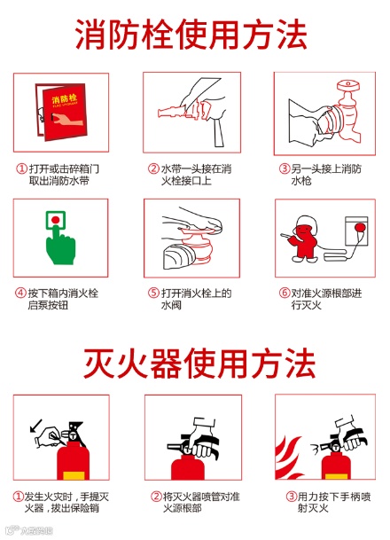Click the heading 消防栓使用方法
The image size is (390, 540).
tap(191, 34)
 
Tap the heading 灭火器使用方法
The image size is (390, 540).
tap(199, 363)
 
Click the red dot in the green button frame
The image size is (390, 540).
tap(55, 220)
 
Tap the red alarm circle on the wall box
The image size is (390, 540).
tap(361, 228)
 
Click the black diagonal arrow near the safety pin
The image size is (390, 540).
tap(35, 426)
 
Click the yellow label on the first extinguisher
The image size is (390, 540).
tap(74, 475)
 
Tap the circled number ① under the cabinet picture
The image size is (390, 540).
tap(21, 168)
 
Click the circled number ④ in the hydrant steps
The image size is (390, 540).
tap(20, 293)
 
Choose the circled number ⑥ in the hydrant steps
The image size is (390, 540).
tap(285, 293)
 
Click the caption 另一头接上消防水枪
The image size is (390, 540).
tap(321, 175)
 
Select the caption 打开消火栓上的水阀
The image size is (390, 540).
tap(190, 299)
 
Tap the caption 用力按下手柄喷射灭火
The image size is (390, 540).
tap(328, 502)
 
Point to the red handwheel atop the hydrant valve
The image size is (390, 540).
tap(348, 84)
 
